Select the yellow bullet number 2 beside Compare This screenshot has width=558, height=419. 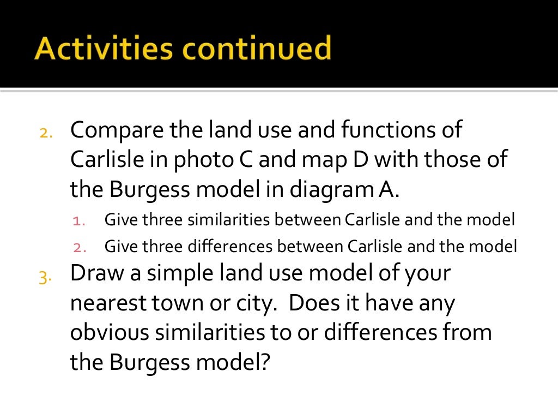point(46,133)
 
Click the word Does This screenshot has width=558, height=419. point(313,303)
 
